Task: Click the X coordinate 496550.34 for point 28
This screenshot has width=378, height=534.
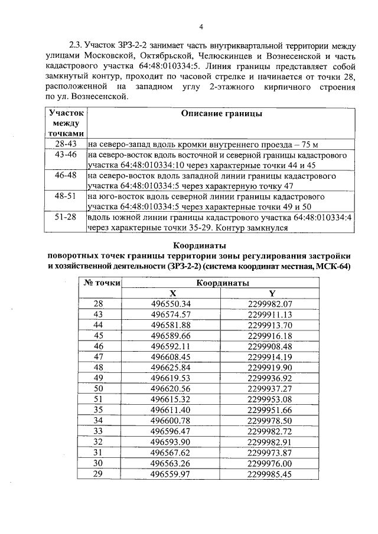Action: (171, 303)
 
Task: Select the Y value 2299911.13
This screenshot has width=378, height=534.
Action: (271, 314)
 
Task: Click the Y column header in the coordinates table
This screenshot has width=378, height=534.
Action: (272, 293)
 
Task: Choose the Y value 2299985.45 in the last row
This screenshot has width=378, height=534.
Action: (271, 473)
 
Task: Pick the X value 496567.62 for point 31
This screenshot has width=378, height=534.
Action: (171, 452)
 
